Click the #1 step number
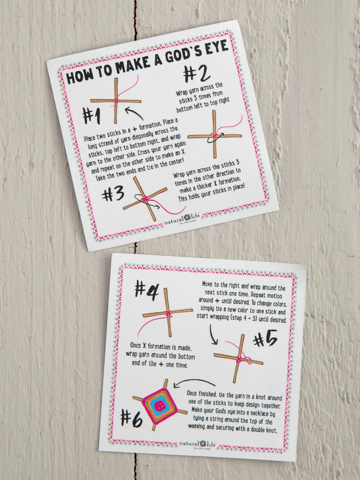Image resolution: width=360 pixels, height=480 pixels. pos(91,116)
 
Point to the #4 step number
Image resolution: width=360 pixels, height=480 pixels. pos(147,290)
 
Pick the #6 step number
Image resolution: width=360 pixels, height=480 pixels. pos(132,417)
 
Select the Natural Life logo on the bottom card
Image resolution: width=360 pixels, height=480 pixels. pos(204,444)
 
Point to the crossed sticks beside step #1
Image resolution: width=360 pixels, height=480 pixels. pos(116,101)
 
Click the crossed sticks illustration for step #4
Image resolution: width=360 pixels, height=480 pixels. pos(168,312)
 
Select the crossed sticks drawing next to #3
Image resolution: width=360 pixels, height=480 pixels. pos(145,199)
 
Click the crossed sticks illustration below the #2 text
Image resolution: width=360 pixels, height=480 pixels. pos(215,135)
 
